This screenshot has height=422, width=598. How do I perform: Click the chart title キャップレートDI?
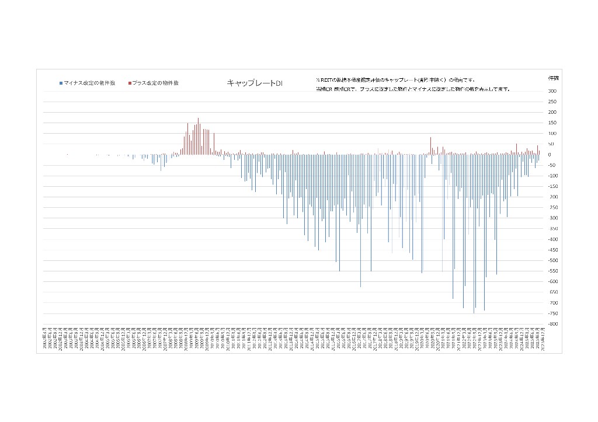pyautogui.click(x=254, y=83)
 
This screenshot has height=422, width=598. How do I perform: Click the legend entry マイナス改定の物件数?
pyautogui.click(x=89, y=83)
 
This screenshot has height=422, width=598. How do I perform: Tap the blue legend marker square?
pyautogui.click(x=61, y=83)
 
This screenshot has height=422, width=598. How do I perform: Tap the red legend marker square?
pyautogui.click(x=130, y=83)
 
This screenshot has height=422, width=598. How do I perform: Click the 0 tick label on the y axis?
pyautogui.click(x=550, y=155)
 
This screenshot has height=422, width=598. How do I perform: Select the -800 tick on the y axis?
pyautogui.click(x=552, y=325)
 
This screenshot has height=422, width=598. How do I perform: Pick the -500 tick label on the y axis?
pyautogui.click(x=552, y=261)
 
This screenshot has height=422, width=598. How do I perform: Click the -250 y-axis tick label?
pyautogui.click(x=552, y=208)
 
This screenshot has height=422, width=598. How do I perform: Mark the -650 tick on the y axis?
pyautogui.click(x=552, y=292)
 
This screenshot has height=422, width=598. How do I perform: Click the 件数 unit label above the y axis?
pyautogui.click(x=552, y=78)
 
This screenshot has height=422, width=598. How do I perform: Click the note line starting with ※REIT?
pyautogui.click(x=395, y=80)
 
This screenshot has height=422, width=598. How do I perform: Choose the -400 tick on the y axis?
pyautogui.click(x=552, y=239)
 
